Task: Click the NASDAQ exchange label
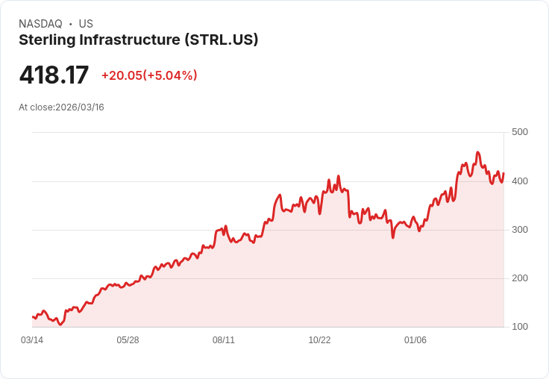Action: (x=40, y=24)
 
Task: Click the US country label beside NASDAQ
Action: (x=86, y=24)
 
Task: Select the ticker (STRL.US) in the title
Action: (x=221, y=40)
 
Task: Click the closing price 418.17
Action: (x=54, y=75)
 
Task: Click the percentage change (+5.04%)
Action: (x=171, y=75)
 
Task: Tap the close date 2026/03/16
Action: (x=80, y=107)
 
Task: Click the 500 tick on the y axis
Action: (x=519, y=132)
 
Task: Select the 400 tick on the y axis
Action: (x=519, y=181)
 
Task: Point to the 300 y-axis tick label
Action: (x=519, y=230)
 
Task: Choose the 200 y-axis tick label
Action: (x=519, y=278)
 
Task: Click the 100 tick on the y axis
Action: (x=519, y=327)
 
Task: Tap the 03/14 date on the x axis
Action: (x=32, y=340)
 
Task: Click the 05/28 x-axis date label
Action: (x=128, y=340)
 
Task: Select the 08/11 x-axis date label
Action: (x=224, y=340)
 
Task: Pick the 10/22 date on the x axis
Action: (x=319, y=340)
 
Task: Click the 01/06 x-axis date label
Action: (x=415, y=340)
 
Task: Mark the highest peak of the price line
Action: (x=477, y=152)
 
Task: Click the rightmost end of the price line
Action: (x=503, y=173)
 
